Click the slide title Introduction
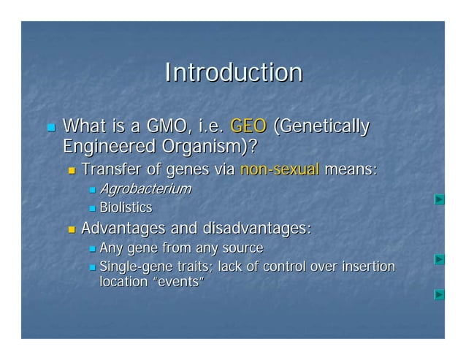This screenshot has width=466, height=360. pos(233,73)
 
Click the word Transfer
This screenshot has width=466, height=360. pos(110,170)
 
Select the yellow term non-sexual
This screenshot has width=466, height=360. pos(279,170)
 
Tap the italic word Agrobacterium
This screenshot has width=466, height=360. pos(145,190)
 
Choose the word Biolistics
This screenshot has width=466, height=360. pos(126,208)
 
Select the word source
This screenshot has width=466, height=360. pos(242,248)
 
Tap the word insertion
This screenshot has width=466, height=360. pos(366,267)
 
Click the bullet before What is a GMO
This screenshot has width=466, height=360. pos(50,128)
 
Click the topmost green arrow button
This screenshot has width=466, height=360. pos(439,199)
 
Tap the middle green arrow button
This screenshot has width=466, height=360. pos(439,259)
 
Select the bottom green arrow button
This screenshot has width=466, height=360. pos(439,294)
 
